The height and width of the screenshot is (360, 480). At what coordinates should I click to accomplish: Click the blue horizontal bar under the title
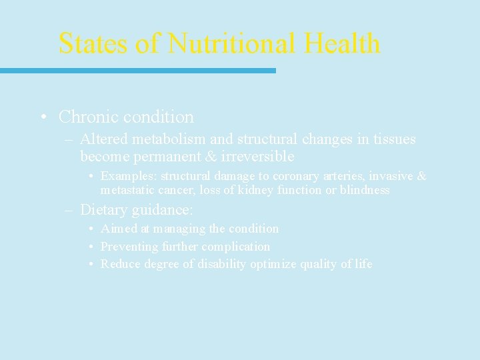click(137, 70)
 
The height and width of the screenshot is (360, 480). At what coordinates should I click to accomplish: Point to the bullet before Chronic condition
click(42, 117)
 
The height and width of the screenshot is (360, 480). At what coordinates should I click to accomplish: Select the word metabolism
click(166, 139)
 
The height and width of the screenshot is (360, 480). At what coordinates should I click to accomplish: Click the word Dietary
click(104, 209)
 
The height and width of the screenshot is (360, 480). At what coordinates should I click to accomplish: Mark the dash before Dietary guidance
click(69, 210)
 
